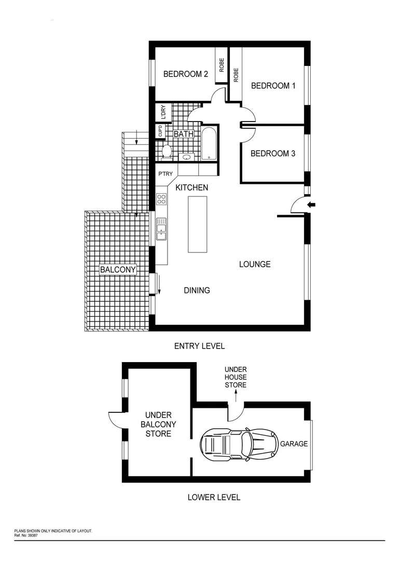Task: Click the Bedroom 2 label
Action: (x=185, y=74)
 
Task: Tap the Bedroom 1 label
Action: (x=273, y=86)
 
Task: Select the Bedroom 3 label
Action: (x=272, y=154)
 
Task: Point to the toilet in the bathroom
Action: (x=167, y=151)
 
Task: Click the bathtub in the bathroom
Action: (x=209, y=143)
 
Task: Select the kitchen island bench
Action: (x=197, y=224)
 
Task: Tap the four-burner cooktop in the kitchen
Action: (x=161, y=199)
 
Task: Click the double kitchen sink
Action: (x=161, y=228)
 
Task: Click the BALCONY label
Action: (x=118, y=270)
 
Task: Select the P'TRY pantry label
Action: (x=165, y=175)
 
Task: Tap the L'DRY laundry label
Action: (x=163, y=113)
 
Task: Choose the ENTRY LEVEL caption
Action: (x=199, y=346)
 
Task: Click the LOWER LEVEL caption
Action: (x=214, y=497)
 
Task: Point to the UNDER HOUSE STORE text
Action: (x=235, y=377)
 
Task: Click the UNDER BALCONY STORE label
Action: (x=158, y=424)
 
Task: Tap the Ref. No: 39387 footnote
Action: (x=26, y=535)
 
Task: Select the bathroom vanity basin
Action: (x=186, y=157)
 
